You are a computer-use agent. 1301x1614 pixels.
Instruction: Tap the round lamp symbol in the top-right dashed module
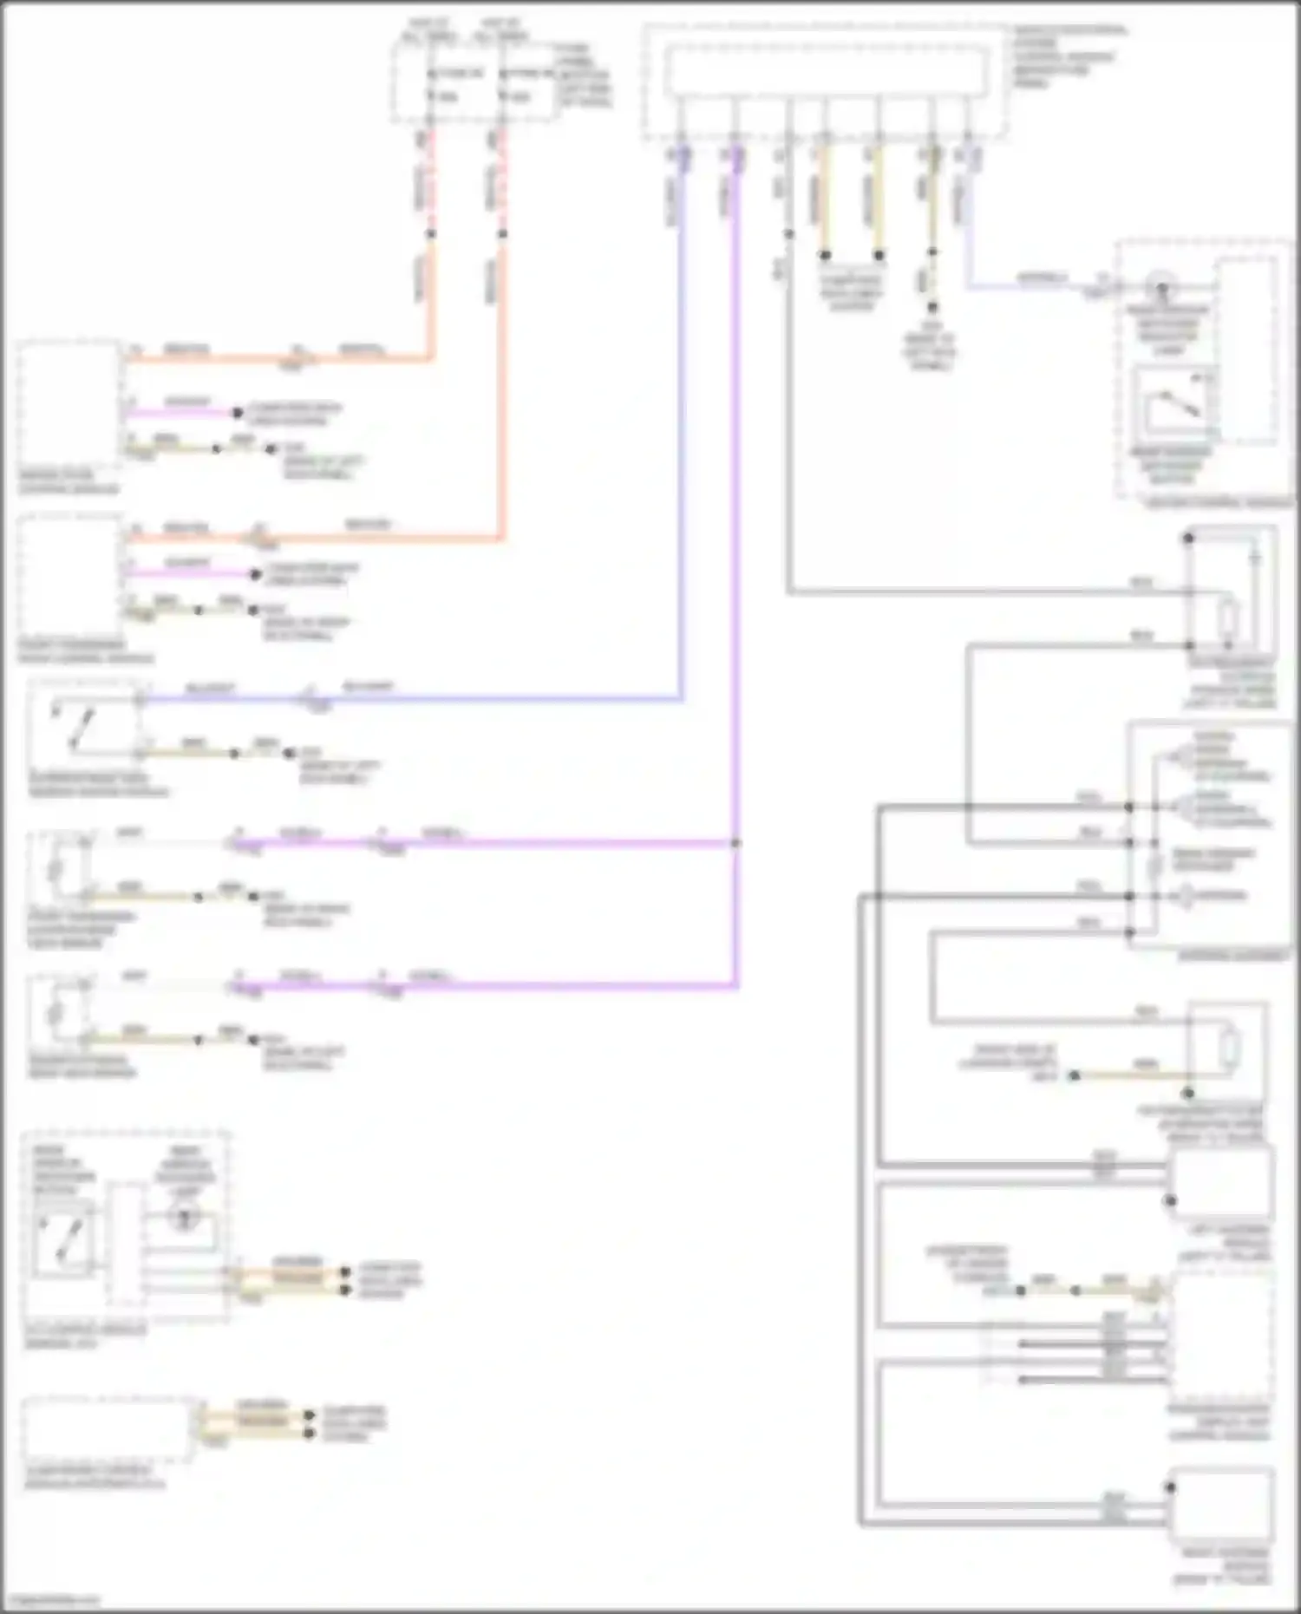(x=1160, y=287)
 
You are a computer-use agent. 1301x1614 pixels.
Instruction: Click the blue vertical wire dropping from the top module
(x=682, y=434)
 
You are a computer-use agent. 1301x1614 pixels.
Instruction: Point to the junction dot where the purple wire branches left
(x=735, y=843)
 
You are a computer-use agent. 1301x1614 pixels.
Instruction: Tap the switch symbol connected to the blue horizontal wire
(x=71, y=729)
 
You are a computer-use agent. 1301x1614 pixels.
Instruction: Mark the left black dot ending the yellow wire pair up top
(x=825, y=256)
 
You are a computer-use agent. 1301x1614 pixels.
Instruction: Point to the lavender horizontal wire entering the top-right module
(x=1032, y=287)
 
